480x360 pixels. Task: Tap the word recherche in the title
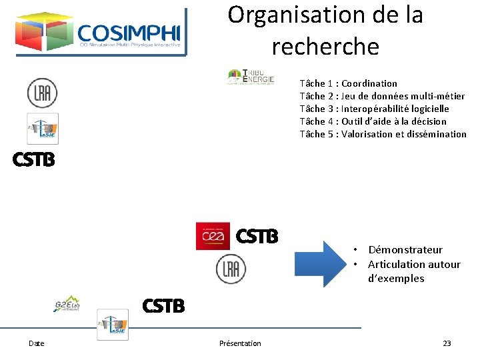[x=325, y=47]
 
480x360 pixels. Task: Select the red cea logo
[x=213, y=236]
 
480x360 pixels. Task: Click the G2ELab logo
[x=67, y=305]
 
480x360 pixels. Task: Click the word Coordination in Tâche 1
[x=369, y=83]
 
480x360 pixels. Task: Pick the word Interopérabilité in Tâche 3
[x=375, y=109]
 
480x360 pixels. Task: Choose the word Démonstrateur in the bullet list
[x=405, y=250]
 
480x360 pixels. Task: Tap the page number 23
[x=447, y=343]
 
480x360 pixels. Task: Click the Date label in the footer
[x=37, y=343]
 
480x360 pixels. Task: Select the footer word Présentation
[x=240, y=343]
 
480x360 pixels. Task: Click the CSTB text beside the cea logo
[x=257, y=236]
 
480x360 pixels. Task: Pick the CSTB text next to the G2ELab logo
[x=163, y=305]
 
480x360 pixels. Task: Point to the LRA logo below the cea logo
[x=231, y=269]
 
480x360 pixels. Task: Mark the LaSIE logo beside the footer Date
[x=113, y=325]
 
